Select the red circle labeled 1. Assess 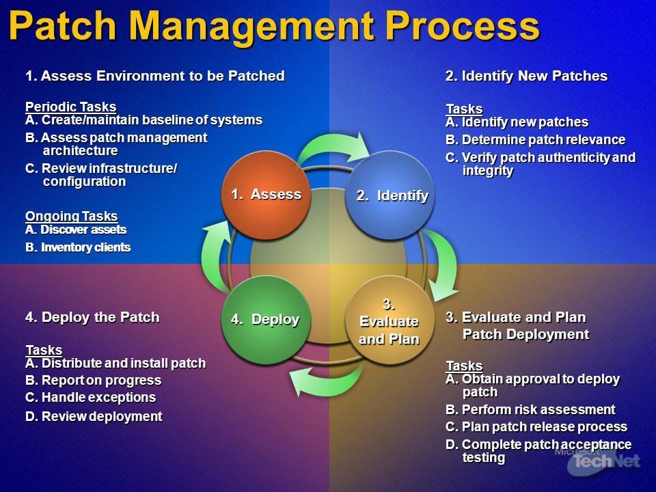[x=265, y=195]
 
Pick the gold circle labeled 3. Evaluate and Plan [x=389, y=320]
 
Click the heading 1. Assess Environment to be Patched [x=154, y=76]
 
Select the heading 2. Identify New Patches [x=526, y=76]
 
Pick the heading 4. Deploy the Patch [x=92, y=317]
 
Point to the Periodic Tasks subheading [x=70, y=107]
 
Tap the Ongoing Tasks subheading [x=71, y=217]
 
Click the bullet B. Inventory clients [x=78, y=247]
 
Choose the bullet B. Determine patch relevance [x=535, y=140]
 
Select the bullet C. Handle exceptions [x=90, y=398]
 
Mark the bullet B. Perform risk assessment [x=530, y=410]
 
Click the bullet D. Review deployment [x=94, y=417]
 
